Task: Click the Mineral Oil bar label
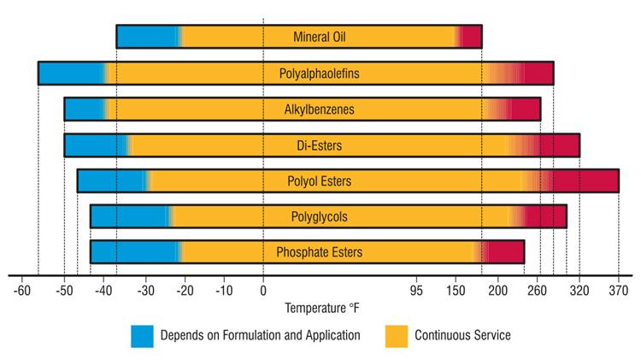319,37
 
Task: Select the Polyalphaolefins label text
319,74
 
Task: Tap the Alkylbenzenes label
319,109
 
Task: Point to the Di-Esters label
319,145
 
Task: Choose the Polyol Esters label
319,181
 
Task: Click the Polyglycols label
319,216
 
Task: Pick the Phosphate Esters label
319,252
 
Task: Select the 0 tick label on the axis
263,291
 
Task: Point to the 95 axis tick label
418,291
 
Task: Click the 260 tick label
538,291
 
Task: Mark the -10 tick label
223,291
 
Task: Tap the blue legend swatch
142,336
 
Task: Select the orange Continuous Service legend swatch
396,336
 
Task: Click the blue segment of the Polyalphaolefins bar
72,74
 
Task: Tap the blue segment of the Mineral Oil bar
147,37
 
